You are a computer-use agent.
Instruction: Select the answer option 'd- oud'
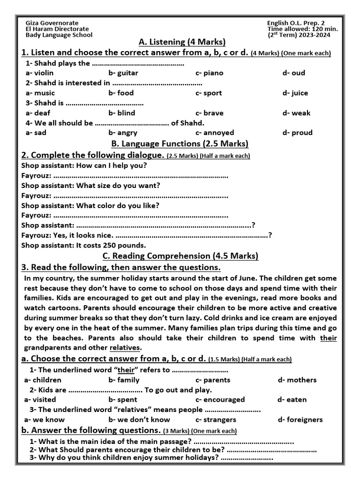pyautogui.click(x=293, y=73)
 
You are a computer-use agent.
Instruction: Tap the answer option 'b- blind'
pyautogui.click(x=121, y=113)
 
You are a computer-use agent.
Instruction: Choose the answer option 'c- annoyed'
pyautogui.click(x=215, y=133)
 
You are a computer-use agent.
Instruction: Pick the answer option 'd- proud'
pyautogui.click(x=297, y=133)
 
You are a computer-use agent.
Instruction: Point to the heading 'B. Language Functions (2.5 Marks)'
pyautogui.click(x=180, y=143)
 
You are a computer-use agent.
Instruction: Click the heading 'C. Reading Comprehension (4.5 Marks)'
pyautogui.click(x=180, y=256)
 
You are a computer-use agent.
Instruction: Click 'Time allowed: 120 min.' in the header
pyautogui.click(x=302, y=29)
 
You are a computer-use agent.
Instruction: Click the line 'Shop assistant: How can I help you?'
pyautogui.click(x=84, y=165)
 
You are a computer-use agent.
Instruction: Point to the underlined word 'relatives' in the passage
pyautogui.click(x=125, y=348)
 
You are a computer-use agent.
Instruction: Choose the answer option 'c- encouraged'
pyautogui.click(x=220, y=400)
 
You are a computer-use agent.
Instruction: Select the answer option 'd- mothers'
pyautogui.click(x=297, y=380)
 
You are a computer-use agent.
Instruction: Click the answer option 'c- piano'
pyautogui.click(x=209, y=73)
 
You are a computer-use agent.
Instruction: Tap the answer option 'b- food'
pyautogui.click(x=121, y=93)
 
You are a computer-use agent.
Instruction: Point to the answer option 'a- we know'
pyautogui.click(x=44, y=420)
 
